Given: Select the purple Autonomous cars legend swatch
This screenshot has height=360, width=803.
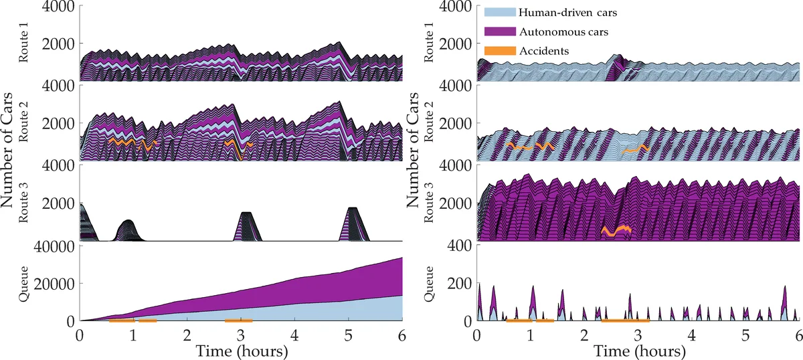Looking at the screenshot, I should pos(500,31).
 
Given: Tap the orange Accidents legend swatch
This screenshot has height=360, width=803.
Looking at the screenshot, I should pos(500,51).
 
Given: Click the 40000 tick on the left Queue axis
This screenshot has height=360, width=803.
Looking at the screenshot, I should pos(58,246).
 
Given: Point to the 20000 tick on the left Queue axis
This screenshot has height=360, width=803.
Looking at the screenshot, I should pos(58,284).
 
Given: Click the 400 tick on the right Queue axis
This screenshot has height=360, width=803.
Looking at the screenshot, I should pos(462,246).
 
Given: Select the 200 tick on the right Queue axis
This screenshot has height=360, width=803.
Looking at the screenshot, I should pos(462,284).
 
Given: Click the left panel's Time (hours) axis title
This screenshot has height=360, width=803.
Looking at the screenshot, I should pos(241,351).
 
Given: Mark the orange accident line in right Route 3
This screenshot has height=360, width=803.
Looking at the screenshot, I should pos(616,231).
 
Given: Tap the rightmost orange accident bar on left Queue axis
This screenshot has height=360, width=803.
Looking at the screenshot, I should pos(238,321).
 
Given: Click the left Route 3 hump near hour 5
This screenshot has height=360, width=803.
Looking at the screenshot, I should pos(353,224).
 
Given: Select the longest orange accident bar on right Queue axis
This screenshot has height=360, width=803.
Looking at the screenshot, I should pos(625,321).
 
